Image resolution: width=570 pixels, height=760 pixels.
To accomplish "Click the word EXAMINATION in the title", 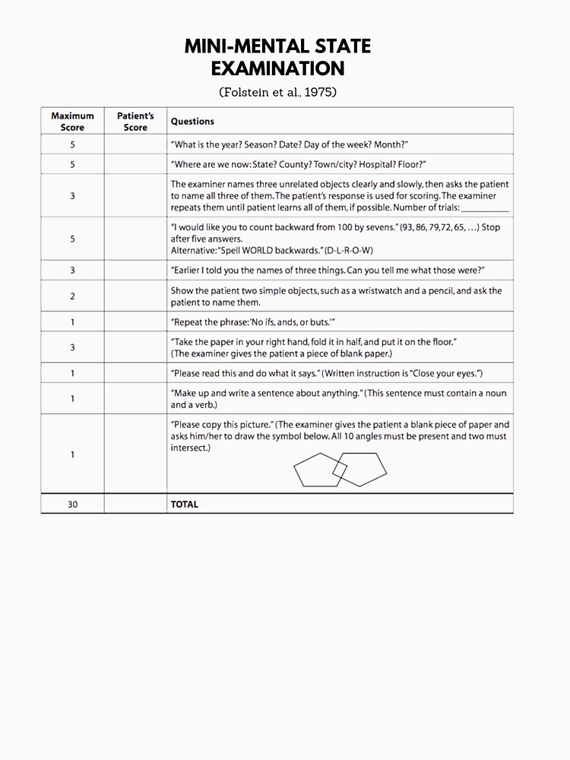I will coord(277,69).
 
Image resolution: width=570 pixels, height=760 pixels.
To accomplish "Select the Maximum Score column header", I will coord(72,122).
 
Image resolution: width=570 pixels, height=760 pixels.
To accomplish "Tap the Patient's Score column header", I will coord(135,122).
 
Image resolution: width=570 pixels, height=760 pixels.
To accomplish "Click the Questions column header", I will coord(192,122).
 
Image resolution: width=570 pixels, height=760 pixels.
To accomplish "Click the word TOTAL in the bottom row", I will coord(185,504).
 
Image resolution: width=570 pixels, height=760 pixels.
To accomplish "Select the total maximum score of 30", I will coord(72,504).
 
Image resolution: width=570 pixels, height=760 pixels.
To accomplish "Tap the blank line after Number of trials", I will coord(485,207).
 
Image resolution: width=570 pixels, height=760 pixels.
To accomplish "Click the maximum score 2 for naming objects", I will coord(72,296).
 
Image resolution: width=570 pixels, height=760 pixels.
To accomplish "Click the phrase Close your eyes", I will coord(447,373).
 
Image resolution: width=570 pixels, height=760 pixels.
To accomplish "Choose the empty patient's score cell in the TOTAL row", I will coord(135,504).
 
